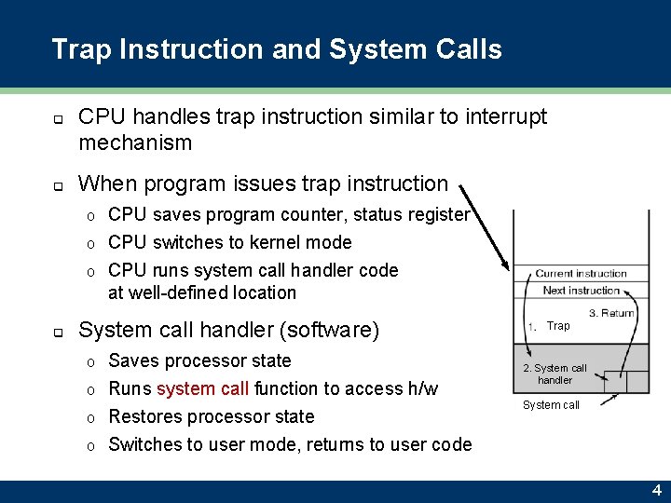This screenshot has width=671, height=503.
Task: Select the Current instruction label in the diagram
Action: point(581,274)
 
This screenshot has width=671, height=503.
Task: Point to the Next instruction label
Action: point(581,291)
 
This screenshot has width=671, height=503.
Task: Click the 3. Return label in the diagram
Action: point(611,313)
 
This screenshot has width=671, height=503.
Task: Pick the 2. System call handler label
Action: point(555,374)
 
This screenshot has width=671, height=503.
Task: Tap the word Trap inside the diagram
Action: point(558,326)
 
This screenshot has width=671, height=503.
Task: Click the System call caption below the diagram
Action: point(551,405)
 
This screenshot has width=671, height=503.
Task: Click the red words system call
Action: point(202,388)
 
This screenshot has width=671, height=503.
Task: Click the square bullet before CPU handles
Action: point(57,119)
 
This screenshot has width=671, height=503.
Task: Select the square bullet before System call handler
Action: point(57,332)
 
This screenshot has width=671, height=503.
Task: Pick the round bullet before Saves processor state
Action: point(89,361)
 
